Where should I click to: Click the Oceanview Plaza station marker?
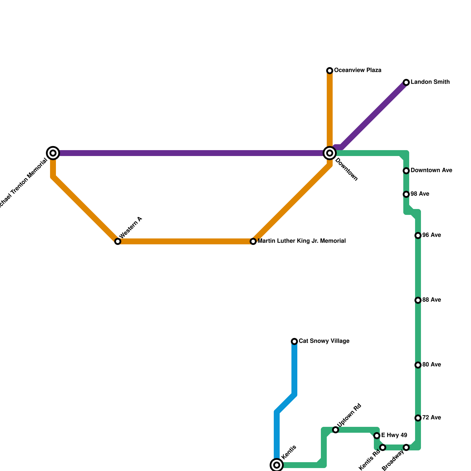(330, 71)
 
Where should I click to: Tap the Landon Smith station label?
(430, 82)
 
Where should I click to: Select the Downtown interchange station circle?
(330, 153)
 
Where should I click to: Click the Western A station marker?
(118, 241)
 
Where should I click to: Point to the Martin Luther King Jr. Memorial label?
(301, 241)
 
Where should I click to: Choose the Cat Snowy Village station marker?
(294, 341)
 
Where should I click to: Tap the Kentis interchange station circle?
(277, 465)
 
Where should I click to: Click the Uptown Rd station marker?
(336, 430)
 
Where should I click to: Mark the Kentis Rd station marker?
(383, 447)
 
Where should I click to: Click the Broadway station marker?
(406, 447)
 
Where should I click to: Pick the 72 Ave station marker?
(418, 418)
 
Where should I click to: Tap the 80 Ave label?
(431, 365)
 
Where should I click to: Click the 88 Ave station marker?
(418, 300)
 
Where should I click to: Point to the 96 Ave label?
(431, 235)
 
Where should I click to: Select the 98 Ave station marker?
(406, 194)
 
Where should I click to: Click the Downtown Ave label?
(431, 170)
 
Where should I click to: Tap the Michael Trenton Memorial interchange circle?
(53, 153)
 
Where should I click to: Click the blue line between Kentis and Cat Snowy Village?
(294, 371)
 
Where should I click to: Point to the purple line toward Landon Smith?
(374, 115)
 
